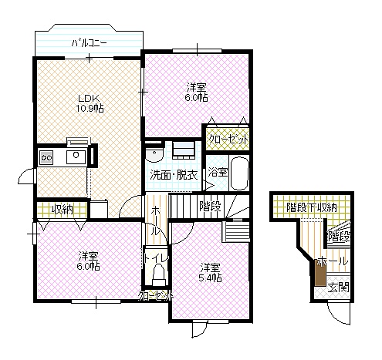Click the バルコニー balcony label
[x=89, y=43]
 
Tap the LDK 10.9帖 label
[x=90, y=103]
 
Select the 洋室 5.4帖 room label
[x=211, y=272]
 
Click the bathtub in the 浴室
[x=239, y=173]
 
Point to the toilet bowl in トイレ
[x=158, y=275]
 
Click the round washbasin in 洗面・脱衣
[x=154, y=154]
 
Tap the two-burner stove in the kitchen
[x=46, y=157]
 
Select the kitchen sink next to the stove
[x=76, y=157]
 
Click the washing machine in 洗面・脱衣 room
[x=184, y=150]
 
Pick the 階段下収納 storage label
[x=311, y=207]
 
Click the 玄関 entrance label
[x=339, y=288]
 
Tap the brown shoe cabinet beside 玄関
[x=320, y=272]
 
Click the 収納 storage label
[x=63, y=210]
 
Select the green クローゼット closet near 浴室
[x=228, y=139]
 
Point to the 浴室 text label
[x=218, y=172]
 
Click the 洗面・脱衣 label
[x=174, y=175]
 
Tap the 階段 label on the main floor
[x=210, y=206]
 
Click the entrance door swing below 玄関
[x=340, y=313]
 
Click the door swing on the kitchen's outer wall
[x=26, y=176]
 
